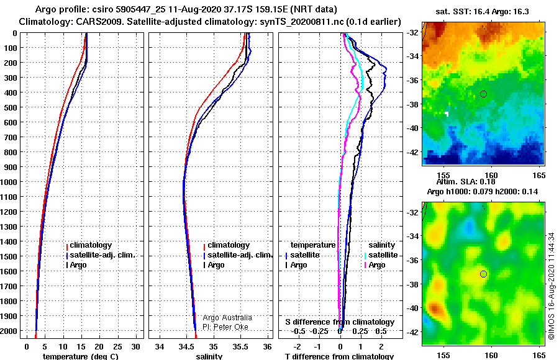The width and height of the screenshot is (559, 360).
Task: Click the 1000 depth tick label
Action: tap(9, 182)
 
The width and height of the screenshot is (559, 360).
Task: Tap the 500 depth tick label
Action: tap(11, 107)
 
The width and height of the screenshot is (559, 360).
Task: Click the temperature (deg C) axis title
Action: tap(81, 356)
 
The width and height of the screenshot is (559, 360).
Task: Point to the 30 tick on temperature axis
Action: tap(136, 346)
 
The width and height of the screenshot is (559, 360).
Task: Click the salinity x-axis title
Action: tap(209, 356)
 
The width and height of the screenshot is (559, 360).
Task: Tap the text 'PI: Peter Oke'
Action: tap(225, 327)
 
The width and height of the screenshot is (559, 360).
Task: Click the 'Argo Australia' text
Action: tap(227, 317)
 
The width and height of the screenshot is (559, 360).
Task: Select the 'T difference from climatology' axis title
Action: tap(339, 356)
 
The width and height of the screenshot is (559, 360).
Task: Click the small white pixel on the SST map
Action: tap(447, 114)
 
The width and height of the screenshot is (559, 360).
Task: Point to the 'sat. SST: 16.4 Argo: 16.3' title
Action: tap(483, 12)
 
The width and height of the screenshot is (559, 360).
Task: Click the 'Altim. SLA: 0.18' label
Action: tap(466, 182)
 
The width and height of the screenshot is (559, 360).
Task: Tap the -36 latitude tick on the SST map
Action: tap(413, 80)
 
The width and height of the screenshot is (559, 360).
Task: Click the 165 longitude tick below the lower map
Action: tap(539, 355)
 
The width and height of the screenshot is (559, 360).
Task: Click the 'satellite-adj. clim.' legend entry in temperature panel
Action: tap(100, 255)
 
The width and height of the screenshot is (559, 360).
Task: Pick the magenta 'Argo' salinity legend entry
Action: tap(374, 265)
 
